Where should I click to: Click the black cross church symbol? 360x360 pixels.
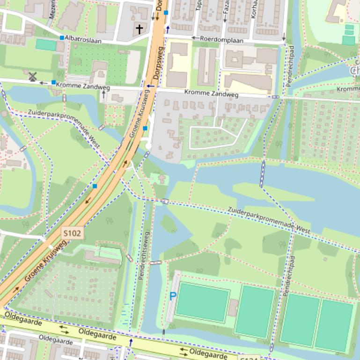(x=139, y=29)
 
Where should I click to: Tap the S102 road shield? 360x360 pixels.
(x=72, y=233)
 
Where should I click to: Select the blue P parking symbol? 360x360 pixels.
(x=173, y=296)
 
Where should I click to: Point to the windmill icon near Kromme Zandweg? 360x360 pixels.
(x=32, y=77)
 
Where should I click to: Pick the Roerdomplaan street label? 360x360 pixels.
(x=221, y=40)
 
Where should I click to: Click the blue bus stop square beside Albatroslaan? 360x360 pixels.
(x=62, y=37)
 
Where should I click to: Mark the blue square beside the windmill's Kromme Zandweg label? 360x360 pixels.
(x=54, y=83)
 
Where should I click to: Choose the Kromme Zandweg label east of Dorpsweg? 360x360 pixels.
(x=211, y=94)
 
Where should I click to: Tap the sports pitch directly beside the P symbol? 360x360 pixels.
(x=202, y=302)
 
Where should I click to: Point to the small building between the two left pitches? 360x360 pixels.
(x=233, y=308)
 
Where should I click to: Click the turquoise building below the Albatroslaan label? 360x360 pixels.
(x=45, y=45)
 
